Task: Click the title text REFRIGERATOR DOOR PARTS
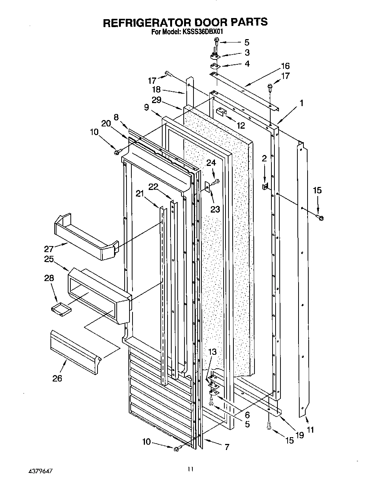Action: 185,22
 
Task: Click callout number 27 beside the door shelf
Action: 49,249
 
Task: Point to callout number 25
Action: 49,260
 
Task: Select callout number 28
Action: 49,278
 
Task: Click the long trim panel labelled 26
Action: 75,352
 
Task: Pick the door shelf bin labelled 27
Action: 85,238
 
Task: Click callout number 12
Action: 241,125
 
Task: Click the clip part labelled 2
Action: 265,186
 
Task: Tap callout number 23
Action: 215,208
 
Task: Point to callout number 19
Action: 299,435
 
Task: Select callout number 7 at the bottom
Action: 227,447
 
